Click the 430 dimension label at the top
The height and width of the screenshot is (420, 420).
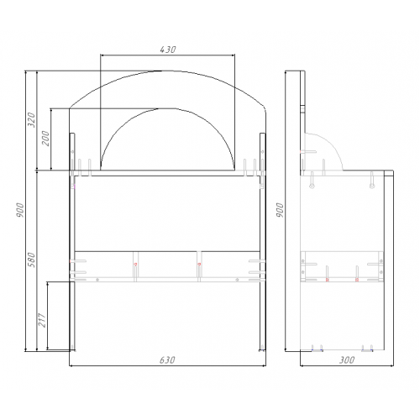[x=168, y=50]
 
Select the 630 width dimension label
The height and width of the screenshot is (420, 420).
[x=167, y=360]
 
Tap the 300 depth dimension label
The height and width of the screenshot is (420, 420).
[x=347, y=360]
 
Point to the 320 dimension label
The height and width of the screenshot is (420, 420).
[x=33, y=120]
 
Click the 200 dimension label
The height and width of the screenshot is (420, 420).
[x=45, y=139]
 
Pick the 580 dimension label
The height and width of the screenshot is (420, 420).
[x=33, y=260]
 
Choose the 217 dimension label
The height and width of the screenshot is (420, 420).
[x=42, y=320]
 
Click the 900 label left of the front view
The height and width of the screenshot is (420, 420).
[x=20, y=210]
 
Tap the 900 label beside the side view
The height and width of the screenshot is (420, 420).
[x=280, y=210]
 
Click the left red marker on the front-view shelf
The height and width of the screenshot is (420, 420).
[x=135, y=264]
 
